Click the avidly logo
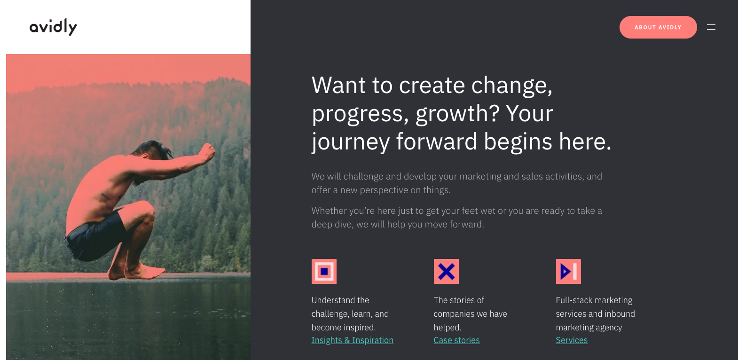click(x=53, y=27)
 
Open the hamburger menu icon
click(x=711, y=27)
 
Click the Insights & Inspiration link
click(x=352, y=340)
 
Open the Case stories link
click(x=456, y=340)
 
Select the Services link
click(x=572, y=340)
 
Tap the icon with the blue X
click(x=446, y=271)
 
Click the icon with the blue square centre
click(x=324, y=271)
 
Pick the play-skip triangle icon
click(x=568, y=271)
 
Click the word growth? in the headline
click(x=458, y=114)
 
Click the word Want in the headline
click(x=338, y=86)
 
